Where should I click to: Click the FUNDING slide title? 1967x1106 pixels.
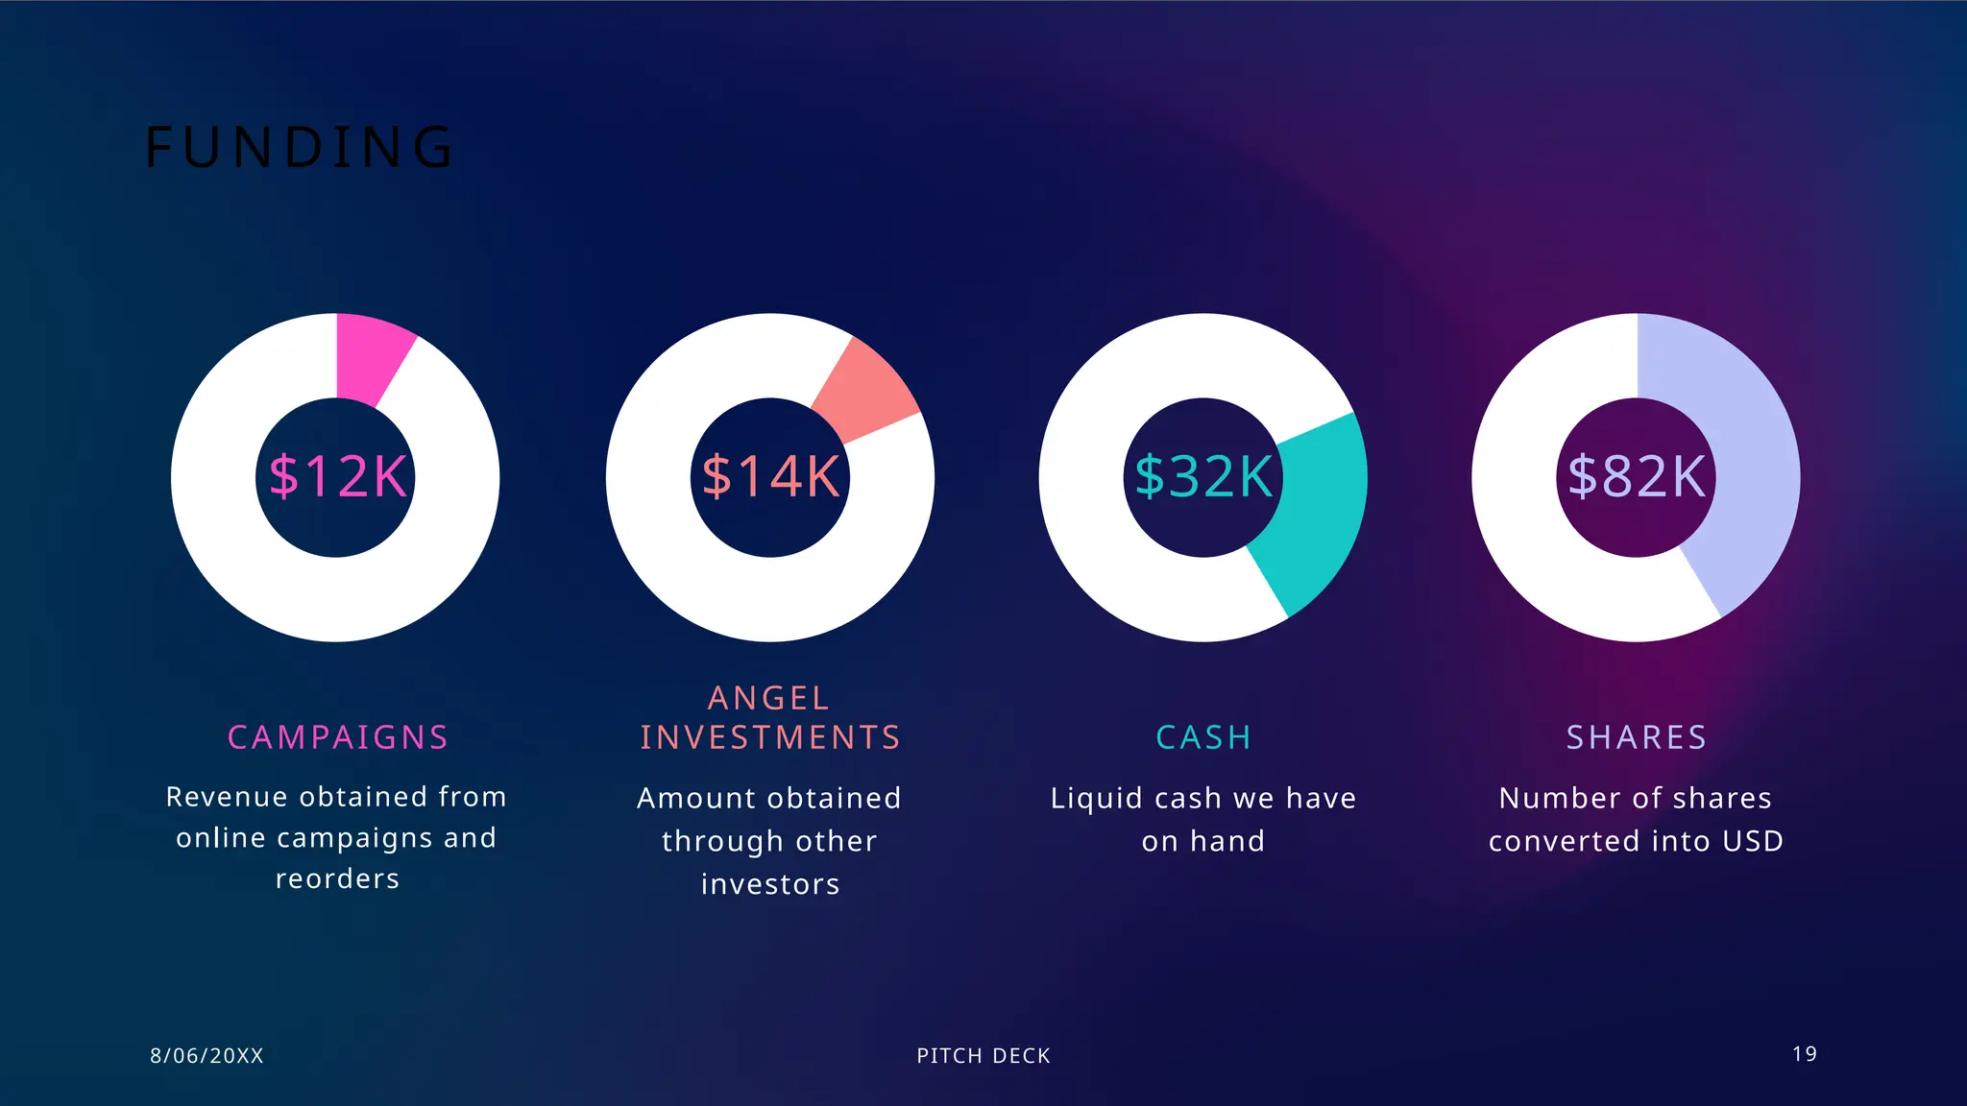[299, 147]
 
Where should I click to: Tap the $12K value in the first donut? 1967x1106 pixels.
[337, 476]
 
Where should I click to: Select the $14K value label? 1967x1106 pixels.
[770, 476]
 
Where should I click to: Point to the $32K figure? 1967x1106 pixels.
[1203, 476]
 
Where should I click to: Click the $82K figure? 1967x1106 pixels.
[1637, 476]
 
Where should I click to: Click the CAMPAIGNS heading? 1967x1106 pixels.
[338, 737]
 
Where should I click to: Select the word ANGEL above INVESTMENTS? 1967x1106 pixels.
[768, 698]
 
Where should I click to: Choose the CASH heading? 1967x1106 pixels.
[1203, 737]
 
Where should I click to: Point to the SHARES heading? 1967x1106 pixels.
[1637, 737]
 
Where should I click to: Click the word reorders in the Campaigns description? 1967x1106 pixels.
[337, 879]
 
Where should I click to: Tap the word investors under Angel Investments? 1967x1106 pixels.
[770, 884]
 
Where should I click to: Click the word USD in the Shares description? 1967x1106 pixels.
[1753, 841]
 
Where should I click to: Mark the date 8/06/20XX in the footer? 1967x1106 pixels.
[206, 1056]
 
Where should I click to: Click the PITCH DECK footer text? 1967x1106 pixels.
[983, 1056]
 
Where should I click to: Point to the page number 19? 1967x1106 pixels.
[1804, 1054]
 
